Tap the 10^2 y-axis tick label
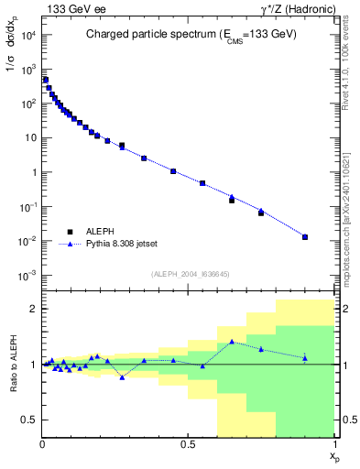[27, 104]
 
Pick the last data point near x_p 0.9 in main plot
[305, 237]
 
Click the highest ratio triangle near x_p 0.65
[232, 342]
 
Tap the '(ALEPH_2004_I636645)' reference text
[189, 273]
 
